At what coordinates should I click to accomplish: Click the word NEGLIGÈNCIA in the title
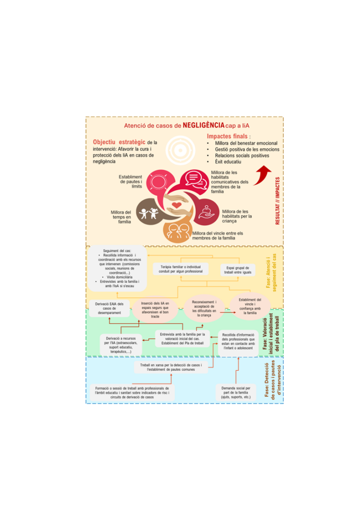203,125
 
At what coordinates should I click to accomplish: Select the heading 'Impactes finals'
228,136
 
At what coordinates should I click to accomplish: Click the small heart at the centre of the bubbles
176,204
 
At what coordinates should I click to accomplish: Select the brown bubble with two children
149,212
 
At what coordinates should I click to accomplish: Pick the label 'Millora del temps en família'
121,217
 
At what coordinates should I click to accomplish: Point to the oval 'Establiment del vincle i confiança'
250,306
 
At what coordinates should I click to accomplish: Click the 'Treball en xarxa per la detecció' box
172,367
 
